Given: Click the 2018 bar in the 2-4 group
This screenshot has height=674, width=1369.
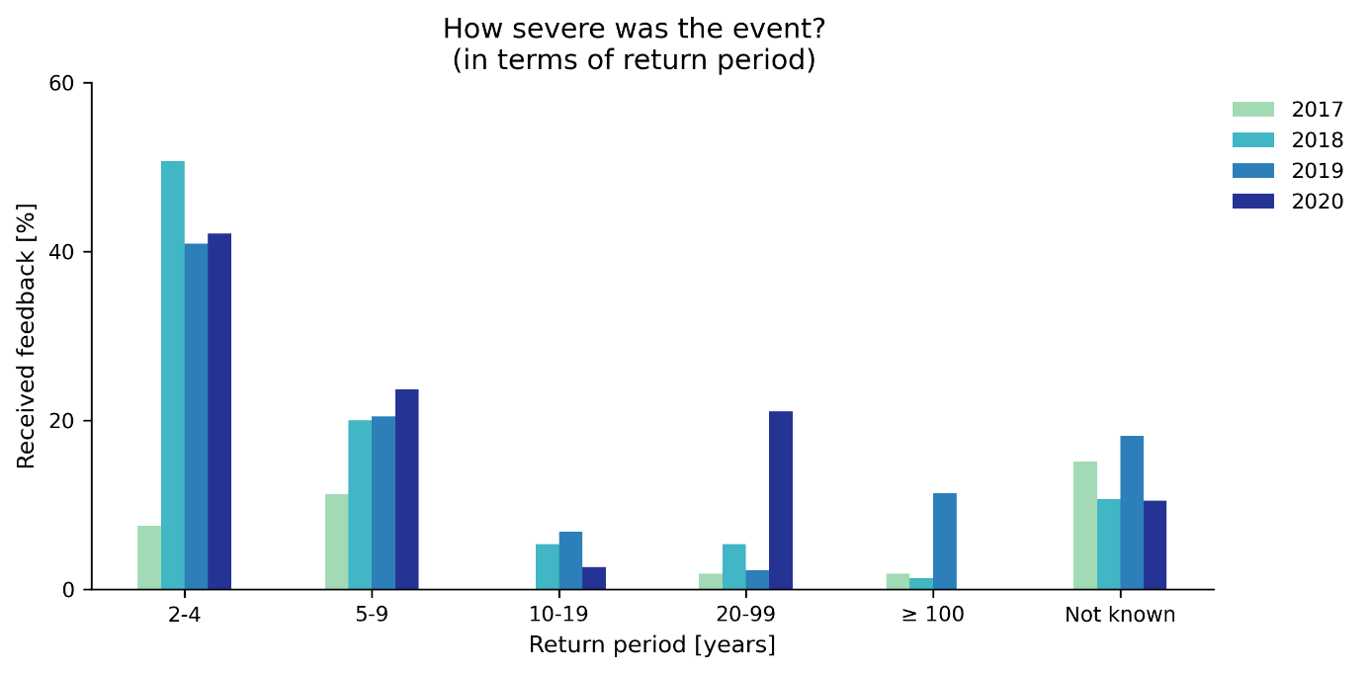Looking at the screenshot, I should tap(173, 376).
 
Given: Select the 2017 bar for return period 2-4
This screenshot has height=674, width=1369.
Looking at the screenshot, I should tap(149, 557).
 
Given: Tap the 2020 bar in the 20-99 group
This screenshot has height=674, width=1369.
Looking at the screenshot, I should tap(781, 500).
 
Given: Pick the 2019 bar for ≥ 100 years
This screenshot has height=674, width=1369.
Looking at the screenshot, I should tap(945, 542).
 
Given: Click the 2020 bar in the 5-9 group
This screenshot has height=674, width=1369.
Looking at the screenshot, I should tap(407, 489).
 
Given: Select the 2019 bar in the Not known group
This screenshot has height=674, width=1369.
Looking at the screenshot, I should tap(1132, 513).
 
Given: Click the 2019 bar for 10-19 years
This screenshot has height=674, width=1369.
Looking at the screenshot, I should tap(570, 560).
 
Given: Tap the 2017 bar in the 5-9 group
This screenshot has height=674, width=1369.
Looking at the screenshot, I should tap(336, 542).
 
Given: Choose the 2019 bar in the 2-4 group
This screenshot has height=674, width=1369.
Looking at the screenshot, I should tap(196, 416).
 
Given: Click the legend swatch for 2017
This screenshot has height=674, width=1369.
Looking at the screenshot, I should tap(1253, 110).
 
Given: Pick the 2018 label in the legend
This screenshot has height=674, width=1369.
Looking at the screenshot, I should tap(1317, 140).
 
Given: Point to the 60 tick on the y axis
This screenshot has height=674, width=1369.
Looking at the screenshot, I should tap(62, 83).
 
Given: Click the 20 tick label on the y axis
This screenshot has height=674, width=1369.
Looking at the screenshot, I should tap(62, 421).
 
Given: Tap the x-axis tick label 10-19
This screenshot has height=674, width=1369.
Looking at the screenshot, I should tap(558, 615).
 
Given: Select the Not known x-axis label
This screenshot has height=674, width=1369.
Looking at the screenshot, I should tap(1120, 615).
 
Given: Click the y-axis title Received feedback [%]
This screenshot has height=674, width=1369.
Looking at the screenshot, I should tap(26, 336).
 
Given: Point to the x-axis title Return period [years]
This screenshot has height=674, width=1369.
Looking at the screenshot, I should tap(652, 645).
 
